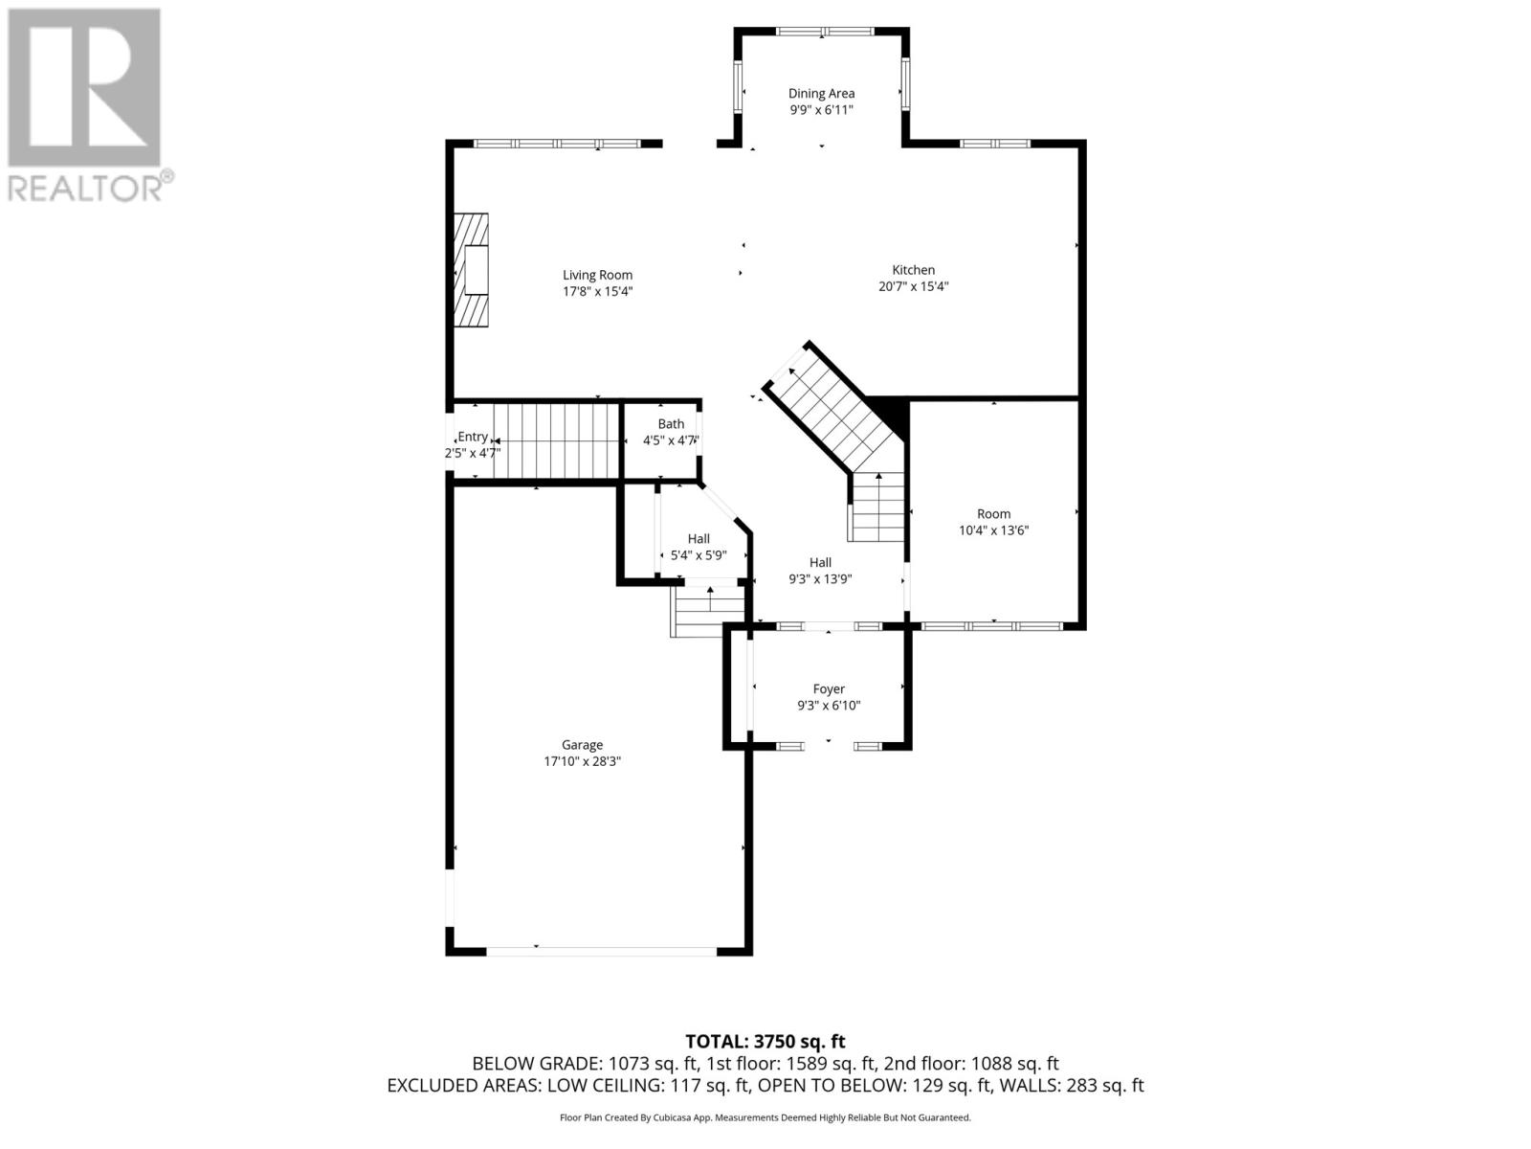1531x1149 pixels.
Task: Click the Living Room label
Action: (597, 275)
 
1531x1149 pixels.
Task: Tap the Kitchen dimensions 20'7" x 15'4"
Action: (913, 286)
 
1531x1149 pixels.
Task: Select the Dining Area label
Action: (821, 94)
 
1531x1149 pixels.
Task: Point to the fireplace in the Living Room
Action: (471, 269)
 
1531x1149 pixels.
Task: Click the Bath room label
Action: (671, 423)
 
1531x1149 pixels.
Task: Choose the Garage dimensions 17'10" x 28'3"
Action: (582, 761)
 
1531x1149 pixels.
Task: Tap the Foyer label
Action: (828, 688)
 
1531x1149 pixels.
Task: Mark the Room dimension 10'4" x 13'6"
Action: (993, 530)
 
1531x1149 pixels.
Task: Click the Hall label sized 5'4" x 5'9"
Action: (699, 538)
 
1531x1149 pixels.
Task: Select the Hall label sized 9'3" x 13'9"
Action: (819, 562)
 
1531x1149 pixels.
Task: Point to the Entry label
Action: (472, 437)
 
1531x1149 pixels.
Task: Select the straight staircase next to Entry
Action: (557, 440)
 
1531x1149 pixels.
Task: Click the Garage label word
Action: (582, 745)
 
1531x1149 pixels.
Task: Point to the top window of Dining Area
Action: (825, 31)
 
